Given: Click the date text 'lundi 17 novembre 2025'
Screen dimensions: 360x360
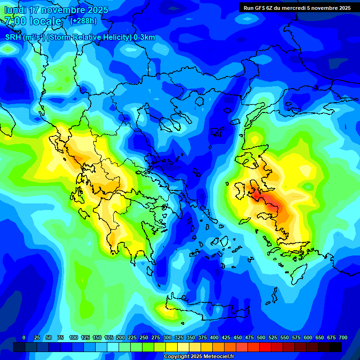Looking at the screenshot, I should coord(56,10).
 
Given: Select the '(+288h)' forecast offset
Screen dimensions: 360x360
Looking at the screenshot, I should coord(83,21).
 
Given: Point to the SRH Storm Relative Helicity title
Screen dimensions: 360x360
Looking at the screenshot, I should coord(80,37).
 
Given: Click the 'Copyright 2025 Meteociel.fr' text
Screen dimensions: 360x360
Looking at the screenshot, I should coord(199,357).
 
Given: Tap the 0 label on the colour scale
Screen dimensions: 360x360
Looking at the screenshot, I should coord(24,338).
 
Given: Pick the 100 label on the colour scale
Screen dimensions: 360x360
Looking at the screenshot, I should coord(74,338).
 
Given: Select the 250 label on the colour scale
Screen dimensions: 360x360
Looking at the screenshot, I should coord(144,338).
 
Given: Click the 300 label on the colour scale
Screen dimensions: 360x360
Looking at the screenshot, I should coord(167,338).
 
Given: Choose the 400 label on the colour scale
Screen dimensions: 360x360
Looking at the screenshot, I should coord(214,338).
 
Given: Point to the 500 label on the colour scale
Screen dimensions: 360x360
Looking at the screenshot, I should coord(261,338).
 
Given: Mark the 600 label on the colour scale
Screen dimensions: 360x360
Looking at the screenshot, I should coord(308,338).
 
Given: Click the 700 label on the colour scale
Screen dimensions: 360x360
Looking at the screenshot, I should coord(343,338).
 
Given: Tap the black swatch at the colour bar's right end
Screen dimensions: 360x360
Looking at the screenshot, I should coord(336,347).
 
